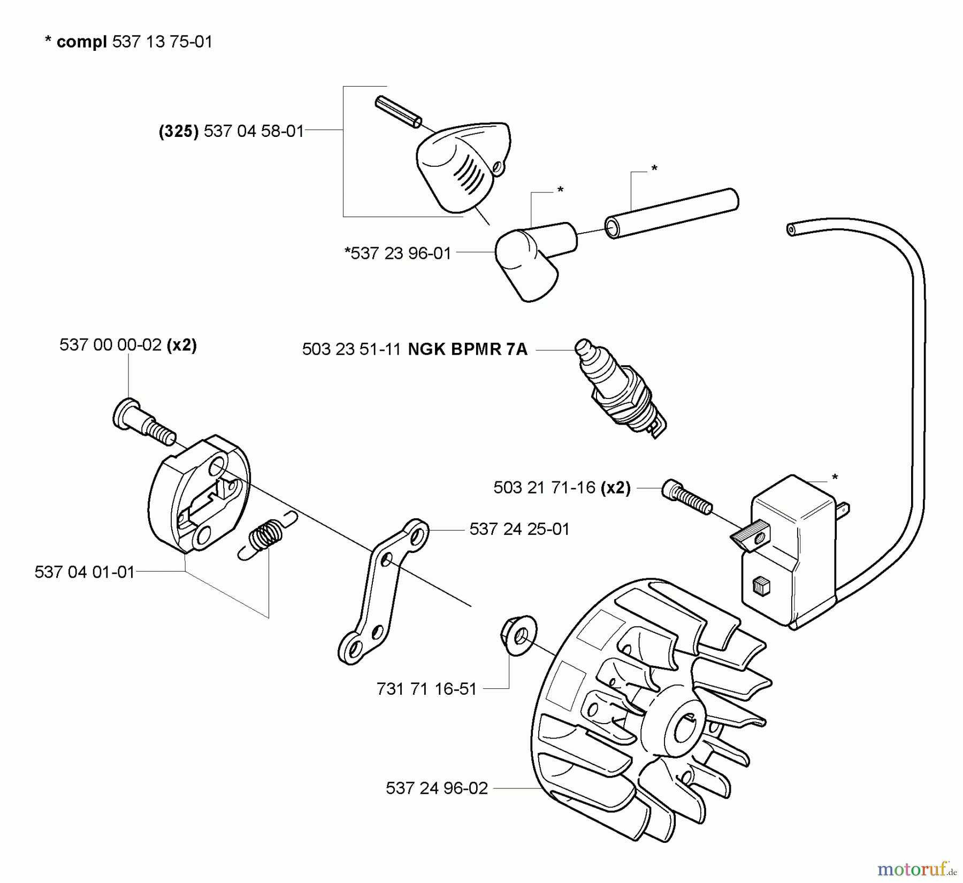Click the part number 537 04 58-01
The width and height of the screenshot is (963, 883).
pos(254,131)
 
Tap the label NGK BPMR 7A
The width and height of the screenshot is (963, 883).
pos(468,349)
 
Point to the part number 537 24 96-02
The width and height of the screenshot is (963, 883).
pos(437,788)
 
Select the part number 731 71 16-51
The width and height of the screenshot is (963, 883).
pos(426,689)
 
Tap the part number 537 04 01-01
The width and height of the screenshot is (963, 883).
pos(85,572)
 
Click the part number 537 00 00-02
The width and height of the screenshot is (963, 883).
pos(111,345)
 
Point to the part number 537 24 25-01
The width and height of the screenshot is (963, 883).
pos(519,529)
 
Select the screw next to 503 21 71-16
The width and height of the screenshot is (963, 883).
pos(687,497)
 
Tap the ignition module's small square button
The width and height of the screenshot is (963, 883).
pos(760,587)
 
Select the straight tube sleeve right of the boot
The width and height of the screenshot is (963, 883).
pos(672,213)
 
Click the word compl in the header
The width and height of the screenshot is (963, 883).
pos(81,42)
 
